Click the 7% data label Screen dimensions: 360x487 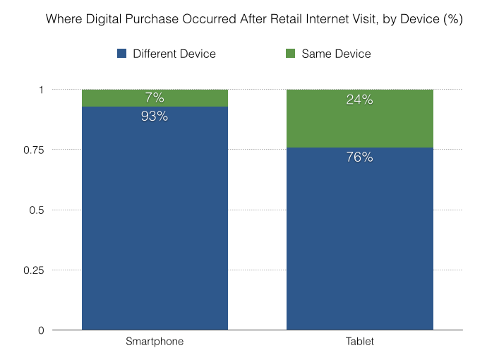[x=155, y=98]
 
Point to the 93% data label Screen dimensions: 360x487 [x=155, y=116]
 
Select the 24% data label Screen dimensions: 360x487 [x=359, y=100]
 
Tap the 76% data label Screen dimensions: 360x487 [x=359, y=157]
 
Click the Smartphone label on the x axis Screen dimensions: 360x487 [x=155, y=342]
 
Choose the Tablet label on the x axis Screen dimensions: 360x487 [x=359, y=342]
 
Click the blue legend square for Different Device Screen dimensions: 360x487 [x=121, y=54]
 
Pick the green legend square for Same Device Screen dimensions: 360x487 [x=290, y=54]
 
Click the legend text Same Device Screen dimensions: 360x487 [x=336, y=54]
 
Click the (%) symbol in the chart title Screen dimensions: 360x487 [x=452, y=19]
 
